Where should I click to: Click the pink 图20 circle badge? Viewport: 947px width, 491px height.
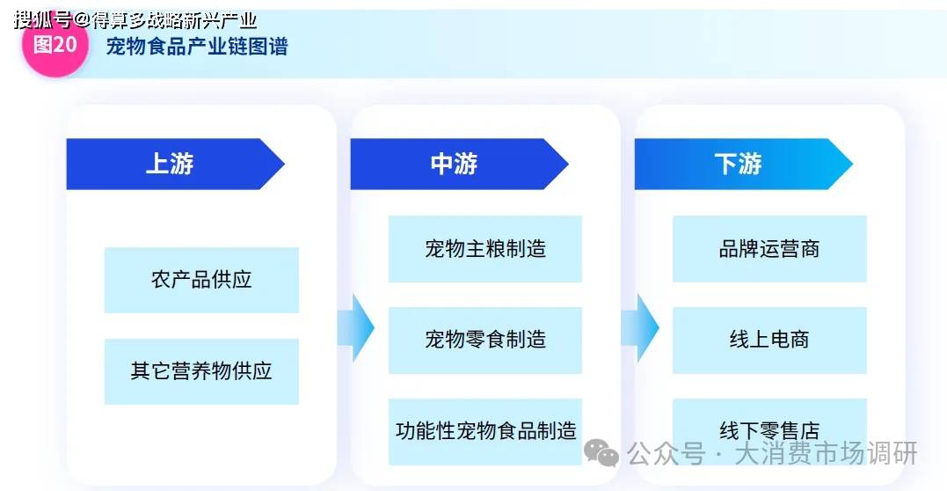55,43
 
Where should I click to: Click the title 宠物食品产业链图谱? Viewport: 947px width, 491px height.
197,47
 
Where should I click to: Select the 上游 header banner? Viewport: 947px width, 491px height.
175,164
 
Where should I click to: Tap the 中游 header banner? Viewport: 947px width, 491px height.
459,164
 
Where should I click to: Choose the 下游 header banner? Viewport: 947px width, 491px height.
743,164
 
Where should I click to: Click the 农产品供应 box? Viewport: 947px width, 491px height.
201,280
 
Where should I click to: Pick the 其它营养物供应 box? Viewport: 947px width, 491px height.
201,371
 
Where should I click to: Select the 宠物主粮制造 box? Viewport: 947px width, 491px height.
485,249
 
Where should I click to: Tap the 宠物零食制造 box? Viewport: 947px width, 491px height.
485,341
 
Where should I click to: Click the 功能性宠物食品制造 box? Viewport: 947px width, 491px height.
485,432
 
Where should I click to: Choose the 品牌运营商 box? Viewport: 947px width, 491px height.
769,249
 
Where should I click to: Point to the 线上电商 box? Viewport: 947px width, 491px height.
769,341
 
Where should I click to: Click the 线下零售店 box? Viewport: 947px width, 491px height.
769,432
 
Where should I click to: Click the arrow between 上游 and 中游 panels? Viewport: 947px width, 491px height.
356,328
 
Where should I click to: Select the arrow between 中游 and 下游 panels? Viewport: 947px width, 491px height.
640,328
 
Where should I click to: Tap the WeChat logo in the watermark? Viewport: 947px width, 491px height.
601,453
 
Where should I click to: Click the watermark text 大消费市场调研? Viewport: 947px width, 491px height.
827,453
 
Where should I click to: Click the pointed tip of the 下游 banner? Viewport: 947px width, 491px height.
851,164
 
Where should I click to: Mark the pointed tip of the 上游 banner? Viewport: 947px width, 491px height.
283,164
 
